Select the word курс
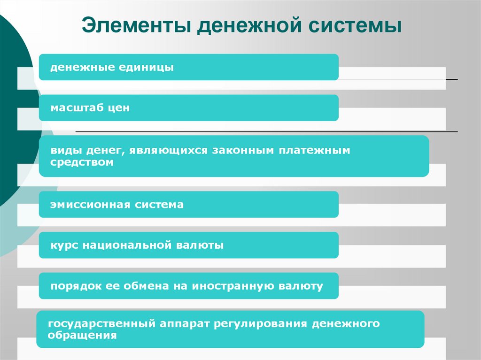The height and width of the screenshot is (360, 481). click(64, 245)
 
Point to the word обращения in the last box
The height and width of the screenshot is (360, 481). click(82, 336)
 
